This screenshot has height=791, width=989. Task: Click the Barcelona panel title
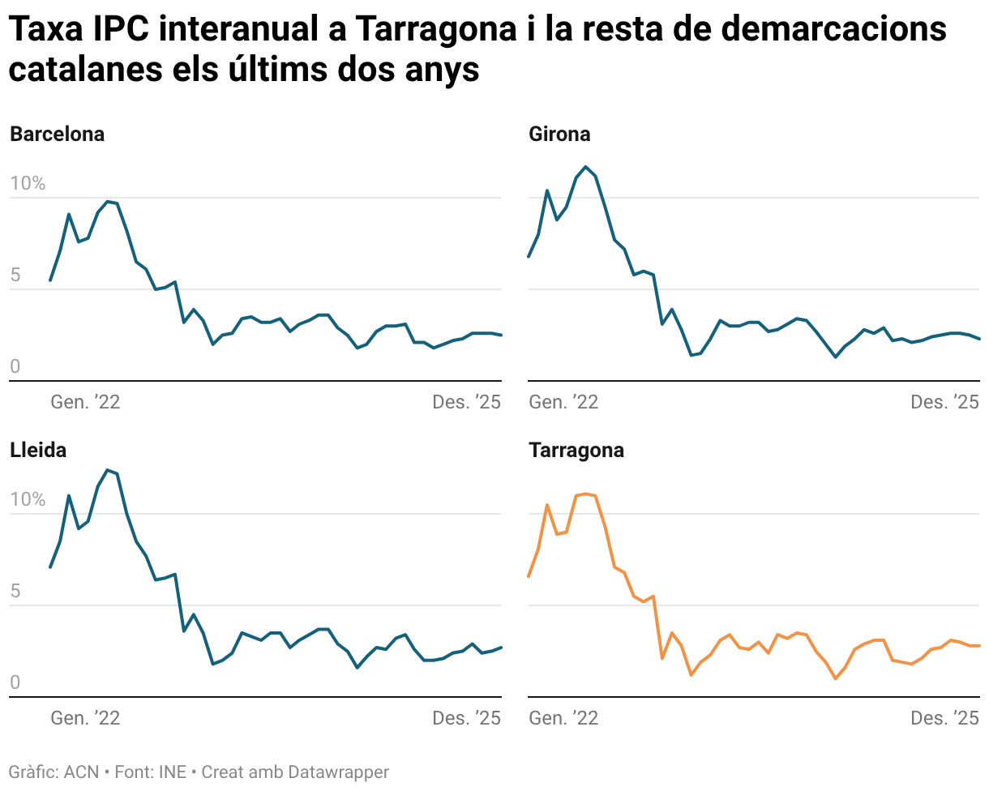tap(57, 135)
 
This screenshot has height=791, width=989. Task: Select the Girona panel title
tap(559, 135)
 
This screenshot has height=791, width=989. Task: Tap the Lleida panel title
tap(38, 451)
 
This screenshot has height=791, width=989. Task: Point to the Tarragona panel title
tap(576, 451)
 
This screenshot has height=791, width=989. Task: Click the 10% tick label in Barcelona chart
tap(28, 184)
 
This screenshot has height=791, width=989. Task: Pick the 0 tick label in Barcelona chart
tap(15, 367)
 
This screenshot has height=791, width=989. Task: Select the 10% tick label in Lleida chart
tap(28, 500)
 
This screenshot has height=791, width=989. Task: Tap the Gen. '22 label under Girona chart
tap(563, 402)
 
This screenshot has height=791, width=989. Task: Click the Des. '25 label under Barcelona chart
tap(467, 402)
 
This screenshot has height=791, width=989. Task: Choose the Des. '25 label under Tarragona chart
tap(945, 718)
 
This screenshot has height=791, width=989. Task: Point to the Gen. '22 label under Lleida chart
tap(85, 718)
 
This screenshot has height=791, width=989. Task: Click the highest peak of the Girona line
tap(586, 167)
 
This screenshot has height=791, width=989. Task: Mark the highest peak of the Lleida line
tap(107, 470)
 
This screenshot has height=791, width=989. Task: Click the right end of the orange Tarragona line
tap(979, 646)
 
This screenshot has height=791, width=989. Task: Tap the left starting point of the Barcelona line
tap(50, 280)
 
